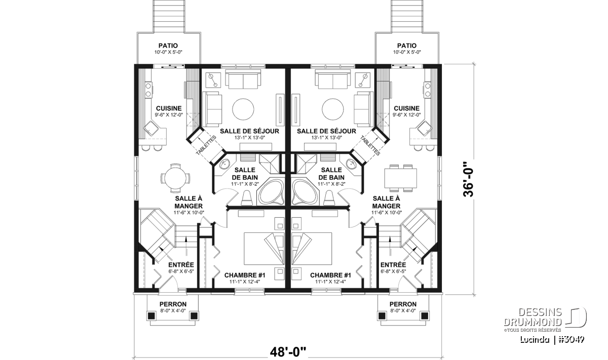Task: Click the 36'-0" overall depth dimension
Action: click(469, 179)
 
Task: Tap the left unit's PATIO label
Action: click(168, 46)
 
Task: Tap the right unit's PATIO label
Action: click(407, 46)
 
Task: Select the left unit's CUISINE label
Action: click(169, 108)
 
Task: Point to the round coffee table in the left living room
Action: click(243, 109)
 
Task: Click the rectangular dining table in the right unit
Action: click(400, 178)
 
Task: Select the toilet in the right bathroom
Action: click(329, 198)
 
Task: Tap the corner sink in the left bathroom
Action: click(224, 164)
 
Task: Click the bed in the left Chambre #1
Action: click(264, 248)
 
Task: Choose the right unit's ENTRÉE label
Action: click(393, 265)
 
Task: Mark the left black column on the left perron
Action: click(151, 316)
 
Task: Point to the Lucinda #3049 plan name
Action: click(552, 339)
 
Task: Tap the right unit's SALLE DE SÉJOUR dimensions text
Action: click(326, 138)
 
